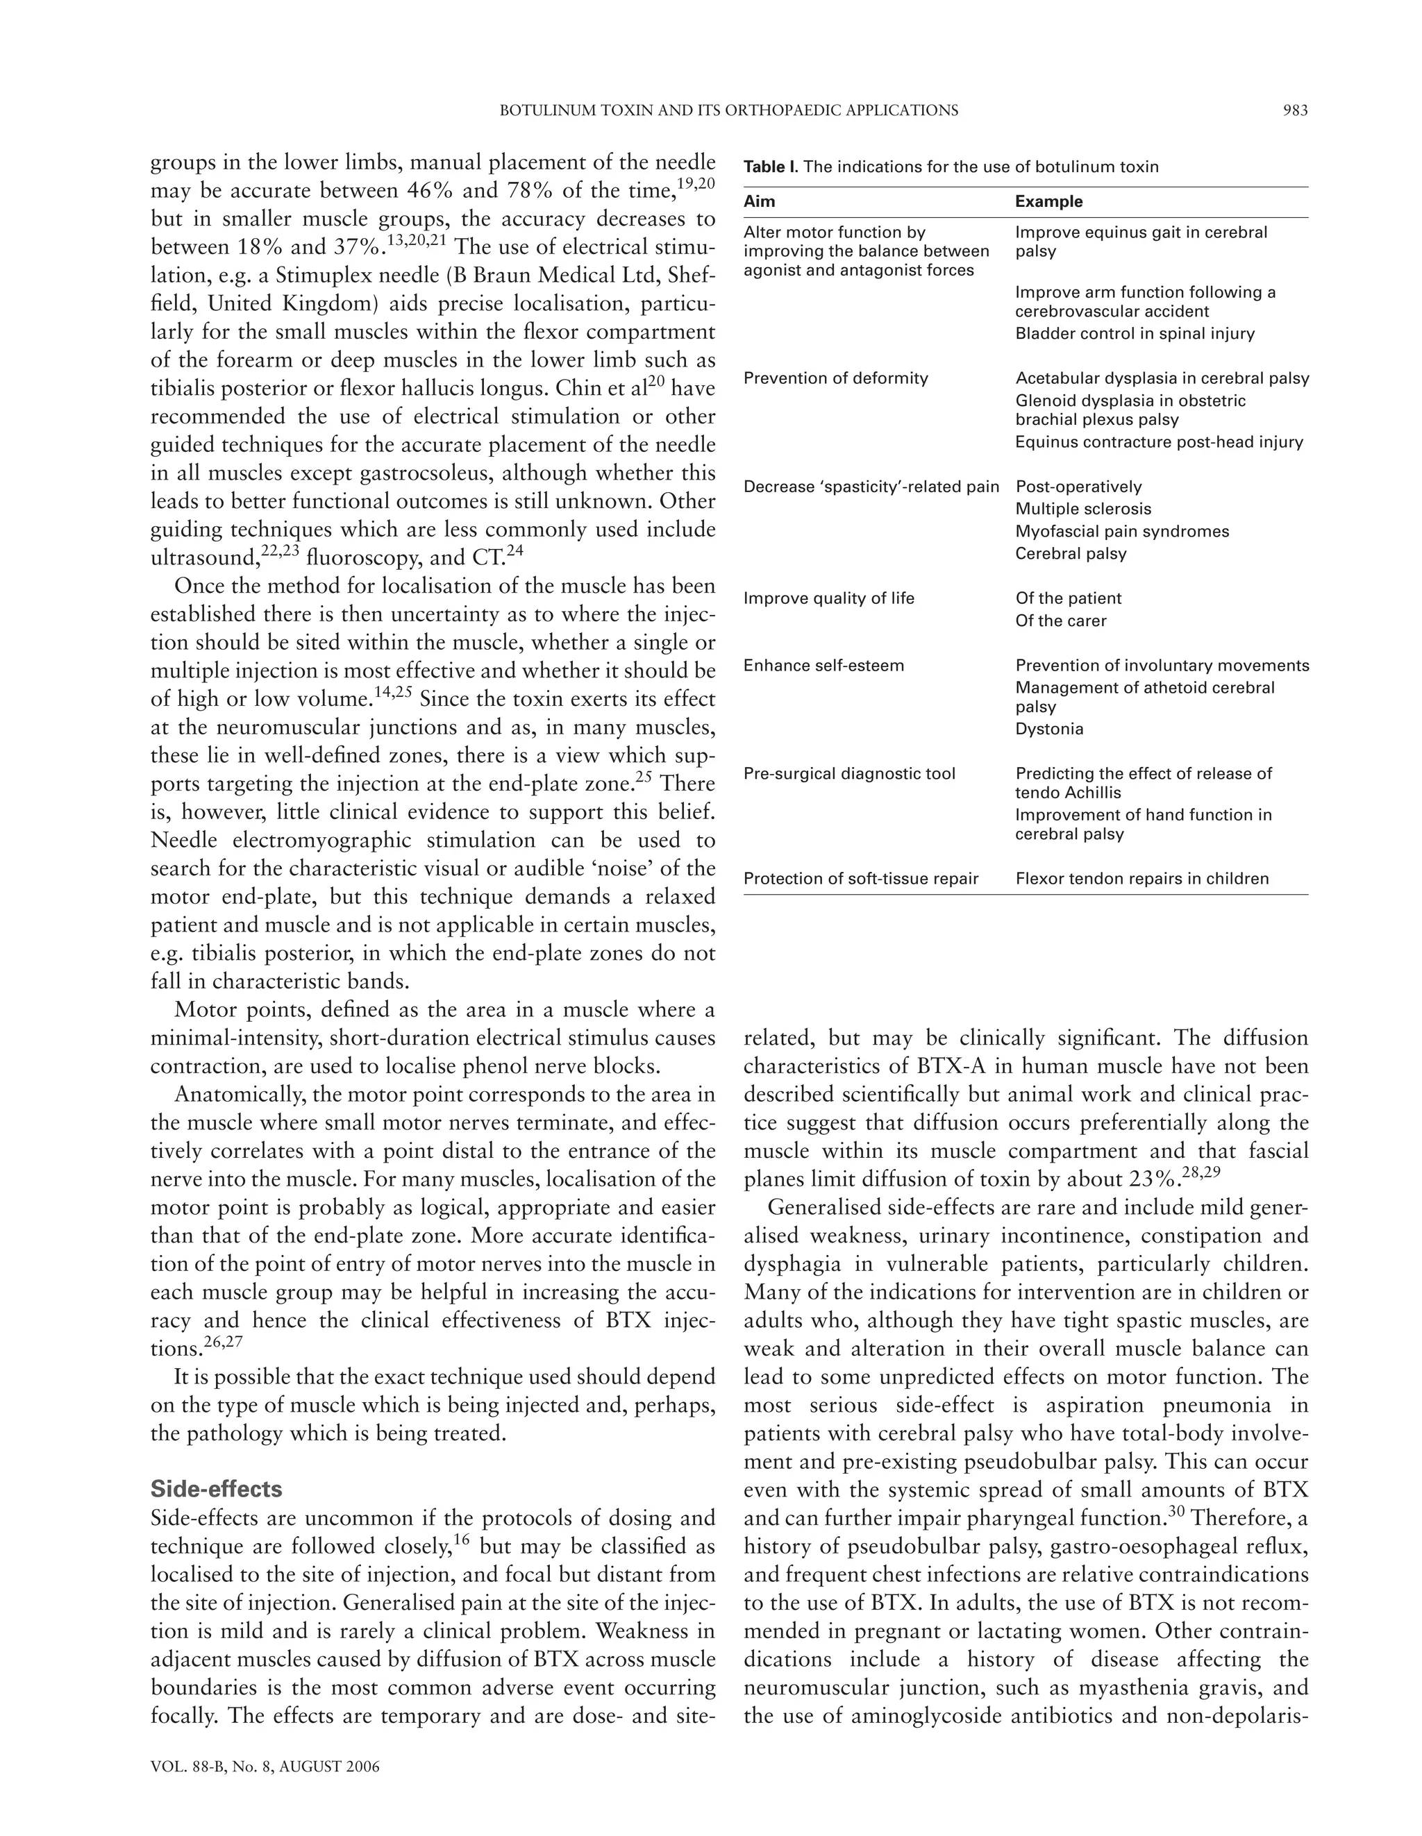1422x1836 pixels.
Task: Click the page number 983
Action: [x=1295, y=110]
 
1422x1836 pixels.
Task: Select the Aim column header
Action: [x=760, y=202]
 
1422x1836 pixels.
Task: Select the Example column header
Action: [x=1048, y=202]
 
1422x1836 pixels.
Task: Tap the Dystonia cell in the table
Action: [x=1048, y=729]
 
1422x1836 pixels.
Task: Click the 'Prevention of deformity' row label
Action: [x=835, y=378]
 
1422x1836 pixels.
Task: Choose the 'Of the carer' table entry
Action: [x=1060, y=621]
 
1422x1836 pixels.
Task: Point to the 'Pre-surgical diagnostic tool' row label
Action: [x=849, y=773]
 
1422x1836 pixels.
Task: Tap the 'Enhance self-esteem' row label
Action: [x=823, y=666]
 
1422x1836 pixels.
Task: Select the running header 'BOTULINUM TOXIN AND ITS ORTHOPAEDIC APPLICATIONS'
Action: [x=728, y=110]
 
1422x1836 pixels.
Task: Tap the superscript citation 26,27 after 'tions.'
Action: [x=224, y=1342]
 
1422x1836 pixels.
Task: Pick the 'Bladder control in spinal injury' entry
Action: [x=1135, y=334]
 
